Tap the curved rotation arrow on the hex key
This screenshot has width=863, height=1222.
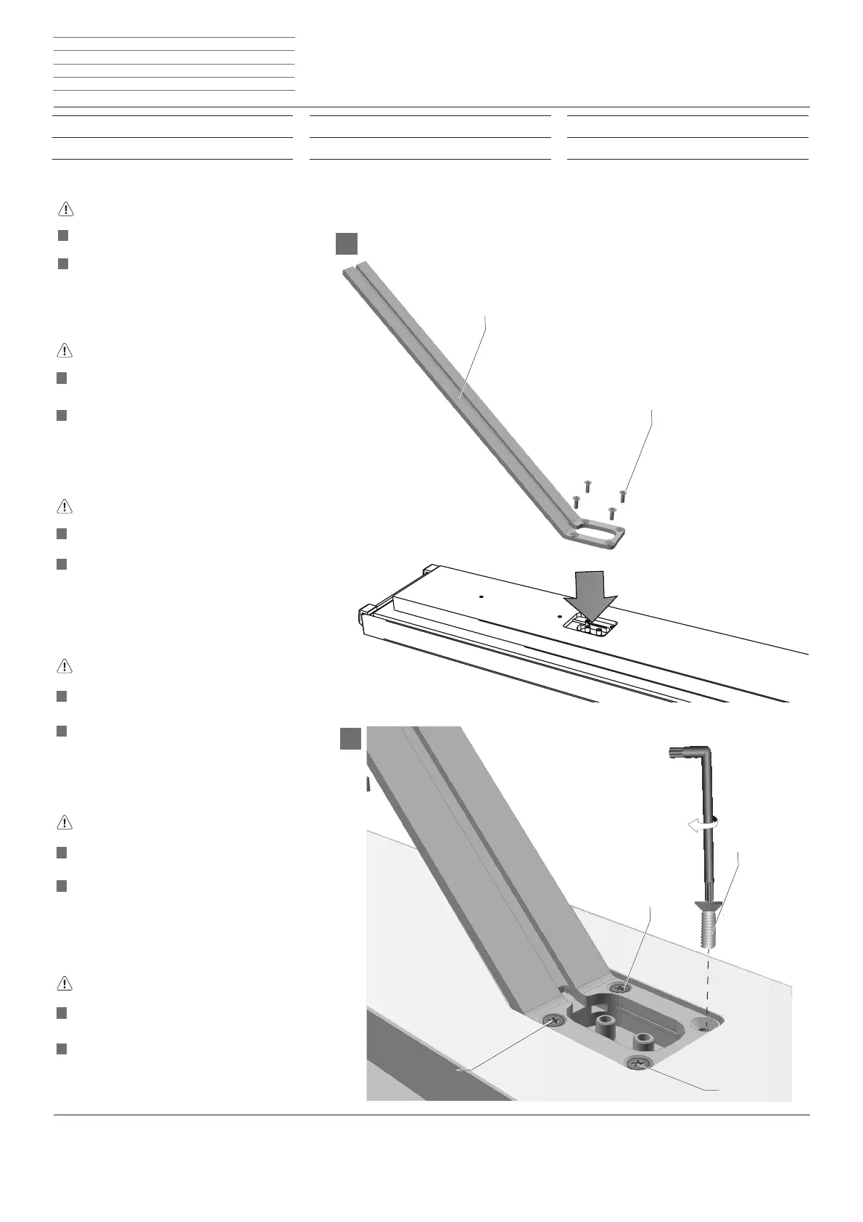point(702,823)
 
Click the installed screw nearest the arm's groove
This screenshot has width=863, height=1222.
point(617,988)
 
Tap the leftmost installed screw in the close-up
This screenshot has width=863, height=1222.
point(555,1020)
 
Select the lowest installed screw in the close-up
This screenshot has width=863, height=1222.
point(637,1065)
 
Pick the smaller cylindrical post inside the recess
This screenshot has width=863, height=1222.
point(643,1040)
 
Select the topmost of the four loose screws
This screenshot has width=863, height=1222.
point(588,485)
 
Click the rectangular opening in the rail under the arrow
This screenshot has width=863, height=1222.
point(588,623)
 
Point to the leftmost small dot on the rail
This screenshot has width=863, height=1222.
point(482,597)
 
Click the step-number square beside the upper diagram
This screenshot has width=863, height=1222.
point(347,243)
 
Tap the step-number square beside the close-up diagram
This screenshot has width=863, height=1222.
point(351,739)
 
